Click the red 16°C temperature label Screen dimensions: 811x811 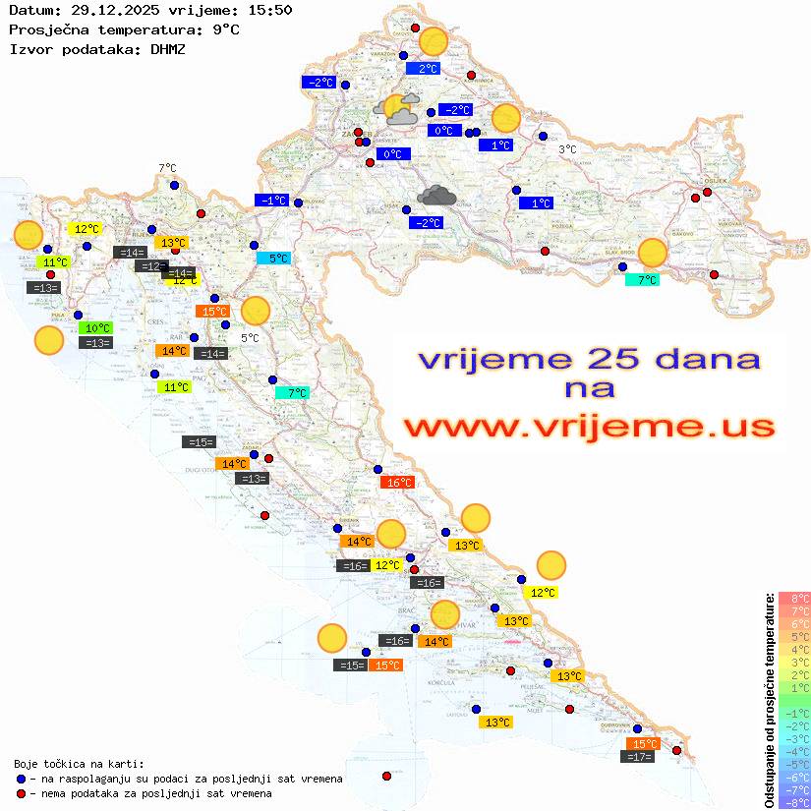coord(398,482)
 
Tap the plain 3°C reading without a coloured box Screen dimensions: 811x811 coord(567,149)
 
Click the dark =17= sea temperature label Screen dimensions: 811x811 coord(639,757)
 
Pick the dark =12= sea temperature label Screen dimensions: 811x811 coord(150,266)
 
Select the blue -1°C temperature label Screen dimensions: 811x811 coord(272,201)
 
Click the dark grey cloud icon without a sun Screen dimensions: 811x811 coord(435,196)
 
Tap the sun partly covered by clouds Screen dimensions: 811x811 coord(397,109)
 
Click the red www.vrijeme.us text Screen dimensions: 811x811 coord(589,427)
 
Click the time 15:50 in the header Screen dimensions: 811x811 coord(270,10)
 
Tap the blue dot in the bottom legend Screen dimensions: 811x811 coord(21,779)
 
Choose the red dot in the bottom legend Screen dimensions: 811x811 coord(21,793)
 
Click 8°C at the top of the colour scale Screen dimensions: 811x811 coord(793,598)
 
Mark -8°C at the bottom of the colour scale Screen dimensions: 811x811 coord(792,802)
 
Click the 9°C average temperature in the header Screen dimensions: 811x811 coord(224,29)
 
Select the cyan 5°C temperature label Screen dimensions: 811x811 coord(273,259)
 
